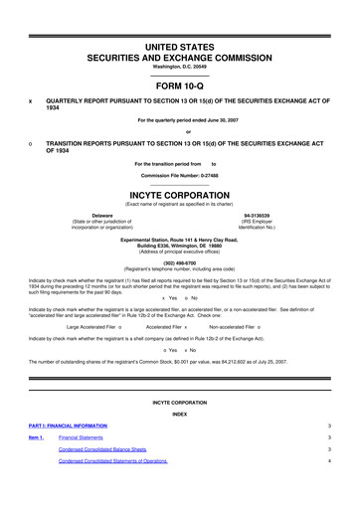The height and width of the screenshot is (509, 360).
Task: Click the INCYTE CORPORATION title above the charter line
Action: coord(179,195)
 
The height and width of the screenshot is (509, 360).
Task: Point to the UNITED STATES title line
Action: coord(179,47)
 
